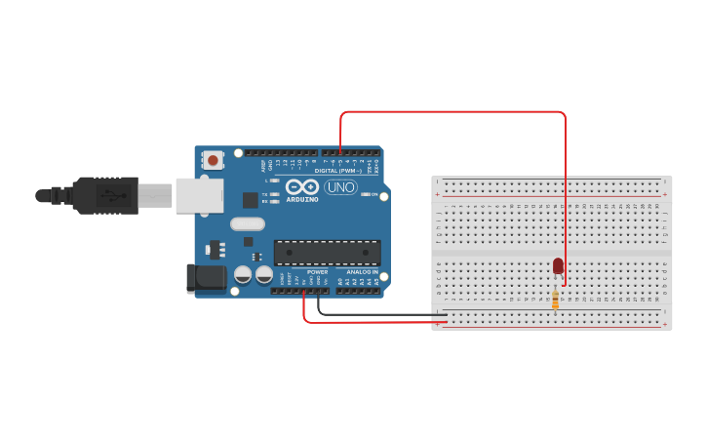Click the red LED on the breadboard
click(x=558, y=265)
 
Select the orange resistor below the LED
click(x=556, y=300)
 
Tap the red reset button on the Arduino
click(x=213, y=157)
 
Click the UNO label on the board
click(x=340, y=187)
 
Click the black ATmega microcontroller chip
click(x=327, y=253)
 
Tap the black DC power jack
click(x=207, y=278)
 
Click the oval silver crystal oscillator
click(x=248, y=223)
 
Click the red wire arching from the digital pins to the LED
click(x=453, y=112)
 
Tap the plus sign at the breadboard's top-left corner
click(x=438, y=195)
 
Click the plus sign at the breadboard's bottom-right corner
click(x=665, y=323)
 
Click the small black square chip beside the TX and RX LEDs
click(x=251, y=200)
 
